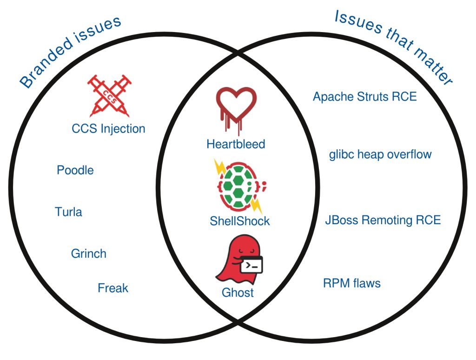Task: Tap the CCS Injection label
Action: [x=108, y=128]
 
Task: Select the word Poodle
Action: [x=75, y=170]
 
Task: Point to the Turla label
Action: [x=68, y=212]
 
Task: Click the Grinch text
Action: [x=88, y=253]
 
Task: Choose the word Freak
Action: [x=112, y=288]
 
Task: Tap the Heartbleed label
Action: [x=236, y=144]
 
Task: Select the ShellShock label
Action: [x=239, y=221]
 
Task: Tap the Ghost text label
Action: [x=238, y=293]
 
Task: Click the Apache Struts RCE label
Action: [x=364, y=97]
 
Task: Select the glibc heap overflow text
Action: [x=380, y=154]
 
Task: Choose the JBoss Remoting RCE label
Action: [x=383, y=220]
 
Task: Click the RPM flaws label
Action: [x=351, y=283]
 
